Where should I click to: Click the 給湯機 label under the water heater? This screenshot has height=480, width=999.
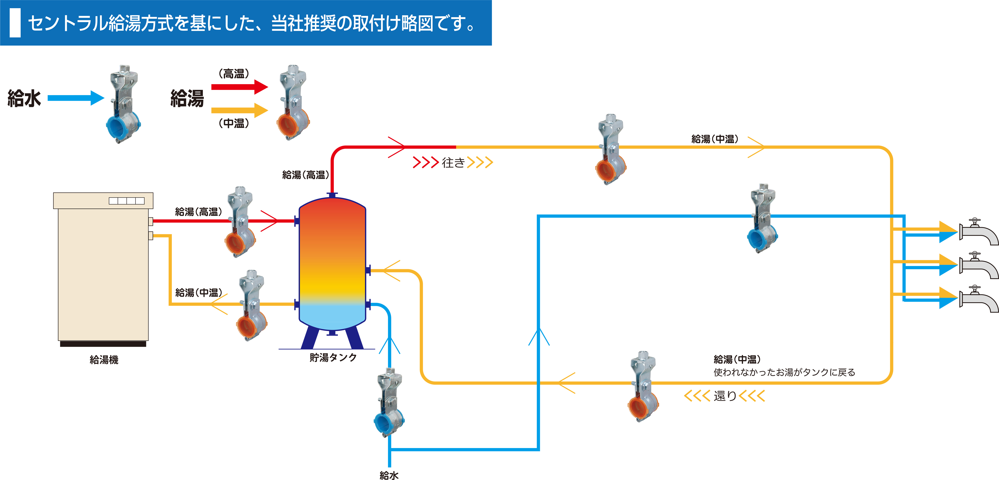(104, 360)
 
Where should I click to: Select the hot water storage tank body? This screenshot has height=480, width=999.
(332, 264)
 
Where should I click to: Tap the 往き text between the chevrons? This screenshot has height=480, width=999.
(453, 162)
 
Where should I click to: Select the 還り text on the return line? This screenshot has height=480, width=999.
(725, 396)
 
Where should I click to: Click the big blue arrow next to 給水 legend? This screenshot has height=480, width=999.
(76, 98)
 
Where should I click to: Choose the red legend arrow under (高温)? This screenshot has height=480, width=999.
(239, 87)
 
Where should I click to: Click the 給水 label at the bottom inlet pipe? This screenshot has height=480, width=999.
(389, 475)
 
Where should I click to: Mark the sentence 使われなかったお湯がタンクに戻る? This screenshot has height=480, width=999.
(784, 372)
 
